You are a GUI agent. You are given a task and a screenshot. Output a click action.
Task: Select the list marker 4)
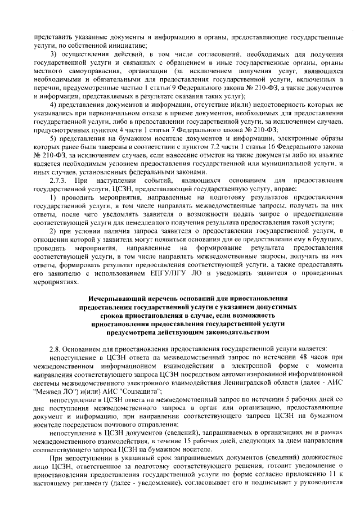click(55, 105)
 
